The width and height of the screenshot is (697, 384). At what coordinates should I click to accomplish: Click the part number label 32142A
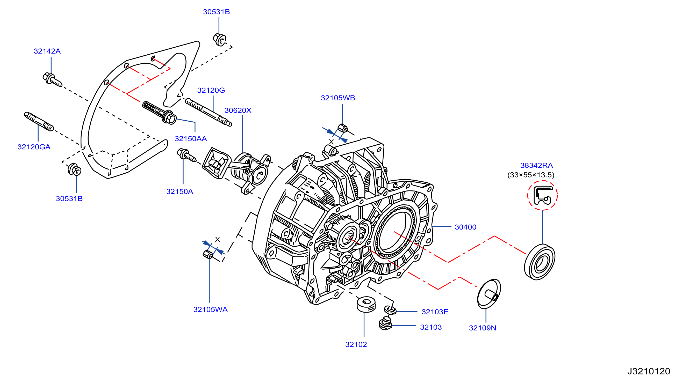[x=47, y=51]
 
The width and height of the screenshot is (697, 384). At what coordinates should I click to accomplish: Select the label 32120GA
[x=34, y=147]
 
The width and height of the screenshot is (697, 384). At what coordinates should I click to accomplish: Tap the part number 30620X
[x=238, y=110]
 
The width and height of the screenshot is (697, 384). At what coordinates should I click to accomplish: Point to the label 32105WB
[x=338, y=98]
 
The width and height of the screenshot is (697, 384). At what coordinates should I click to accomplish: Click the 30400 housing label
[x=465, y=227]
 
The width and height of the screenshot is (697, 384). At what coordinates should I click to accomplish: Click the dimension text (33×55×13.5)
[x=531, y=175]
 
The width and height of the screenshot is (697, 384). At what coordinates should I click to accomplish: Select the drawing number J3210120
[x=649, y=371]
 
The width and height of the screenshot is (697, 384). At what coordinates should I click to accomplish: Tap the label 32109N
[x=483, y=328]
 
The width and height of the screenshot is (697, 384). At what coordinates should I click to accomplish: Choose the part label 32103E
[x=435, y=312]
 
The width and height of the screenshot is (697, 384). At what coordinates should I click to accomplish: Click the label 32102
[x=356, y=344]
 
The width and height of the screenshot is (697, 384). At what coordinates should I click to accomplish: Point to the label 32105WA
[x=210, y=309]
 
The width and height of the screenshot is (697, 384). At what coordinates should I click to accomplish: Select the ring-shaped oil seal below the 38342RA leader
[x=540, y=262]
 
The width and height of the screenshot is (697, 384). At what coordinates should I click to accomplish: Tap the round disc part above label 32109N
[x=489, y=294]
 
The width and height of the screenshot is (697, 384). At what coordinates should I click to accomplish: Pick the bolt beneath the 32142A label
[x=52, y=80]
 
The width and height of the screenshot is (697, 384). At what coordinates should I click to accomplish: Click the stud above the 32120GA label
[x=39, y=121]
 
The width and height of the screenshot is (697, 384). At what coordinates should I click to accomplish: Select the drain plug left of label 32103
[x=386, y=323]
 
